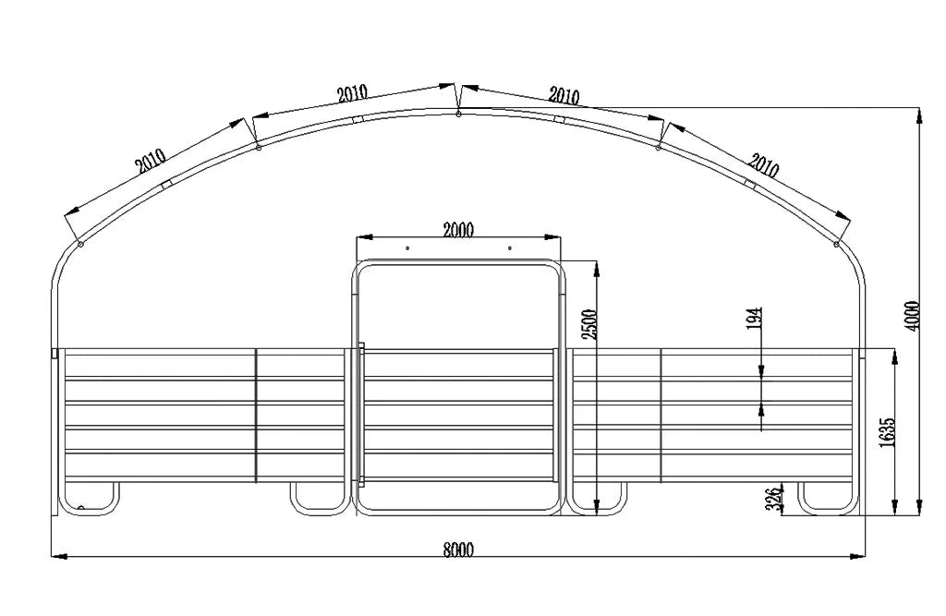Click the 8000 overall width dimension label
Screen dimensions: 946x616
458,549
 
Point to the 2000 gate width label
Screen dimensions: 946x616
458,230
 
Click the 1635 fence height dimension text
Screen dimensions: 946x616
888,432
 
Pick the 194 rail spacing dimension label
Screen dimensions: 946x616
755,319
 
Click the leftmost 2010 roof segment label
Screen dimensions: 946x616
151,161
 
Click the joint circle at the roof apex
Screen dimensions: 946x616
458,114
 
